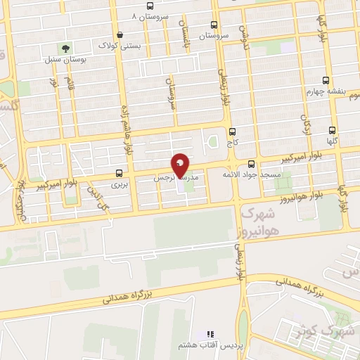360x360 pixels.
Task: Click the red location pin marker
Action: coord(180,166)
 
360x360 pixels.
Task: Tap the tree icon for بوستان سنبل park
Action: coord(65,49)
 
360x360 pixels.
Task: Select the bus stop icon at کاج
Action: coord(232,131)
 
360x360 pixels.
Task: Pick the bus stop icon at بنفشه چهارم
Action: coord(325,80)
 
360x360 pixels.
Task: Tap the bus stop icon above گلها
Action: coord(332,130)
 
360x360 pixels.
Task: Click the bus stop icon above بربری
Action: coord(118,173)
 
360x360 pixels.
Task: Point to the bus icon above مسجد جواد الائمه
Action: coord(252,164)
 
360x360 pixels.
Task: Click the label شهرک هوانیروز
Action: coord(259,221)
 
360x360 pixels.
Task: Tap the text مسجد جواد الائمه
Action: coord(252,174)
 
